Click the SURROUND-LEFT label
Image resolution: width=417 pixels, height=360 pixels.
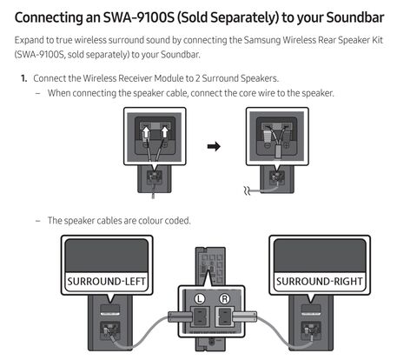[106, 282]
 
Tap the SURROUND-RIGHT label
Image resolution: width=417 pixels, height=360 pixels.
[319, 282]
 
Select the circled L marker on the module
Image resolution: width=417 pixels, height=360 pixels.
[200, 298]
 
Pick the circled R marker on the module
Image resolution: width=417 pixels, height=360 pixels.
[224, 298]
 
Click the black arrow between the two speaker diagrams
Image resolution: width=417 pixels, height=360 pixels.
[214, 146]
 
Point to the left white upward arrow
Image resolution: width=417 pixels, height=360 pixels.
[146, 132]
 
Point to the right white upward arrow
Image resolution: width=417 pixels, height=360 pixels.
[164, 132]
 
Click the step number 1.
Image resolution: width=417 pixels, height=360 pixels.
[23, 78]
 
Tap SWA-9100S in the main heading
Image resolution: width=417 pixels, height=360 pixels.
[139, 17]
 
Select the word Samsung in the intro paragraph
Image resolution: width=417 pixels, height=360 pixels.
[262, 40]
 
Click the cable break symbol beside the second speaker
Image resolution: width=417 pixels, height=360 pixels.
[247, 190]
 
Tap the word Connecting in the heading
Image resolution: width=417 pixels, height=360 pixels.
[49, 18]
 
